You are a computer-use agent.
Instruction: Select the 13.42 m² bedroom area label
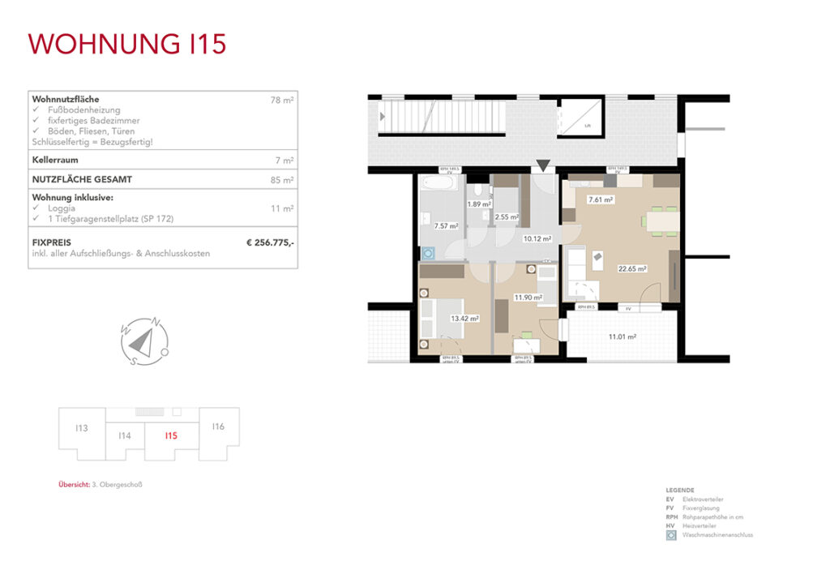click(x=465, y=319)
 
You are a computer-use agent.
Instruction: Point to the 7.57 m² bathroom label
click(x=447, y=226)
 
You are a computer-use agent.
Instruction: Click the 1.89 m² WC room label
click(x=480, y=204)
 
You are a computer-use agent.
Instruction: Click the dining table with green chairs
click(x=660, y=220)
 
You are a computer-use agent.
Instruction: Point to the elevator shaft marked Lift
click(x=583, y=117)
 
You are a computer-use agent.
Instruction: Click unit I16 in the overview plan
click(x=218, y=426)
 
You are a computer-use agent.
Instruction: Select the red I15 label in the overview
click(x=170, y=435)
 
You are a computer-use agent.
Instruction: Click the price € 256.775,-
click(x=270, y=242)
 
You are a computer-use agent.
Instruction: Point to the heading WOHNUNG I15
click(x=127, y=44)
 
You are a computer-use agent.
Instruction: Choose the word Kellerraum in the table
click(x=55, y=161)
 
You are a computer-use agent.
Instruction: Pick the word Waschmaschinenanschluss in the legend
click(x=718, y=535)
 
